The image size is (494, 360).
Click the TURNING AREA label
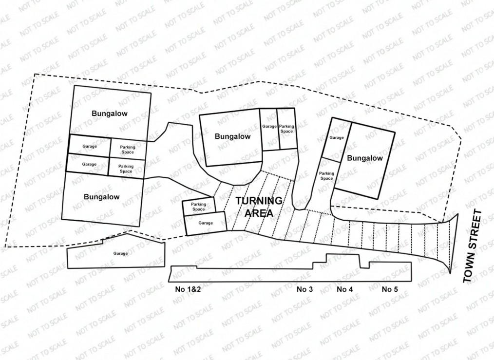tap(259, 207)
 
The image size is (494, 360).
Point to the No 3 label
tap(305, 289)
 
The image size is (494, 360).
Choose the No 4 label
tap(344, 289)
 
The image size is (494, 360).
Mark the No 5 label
tap(390, 289)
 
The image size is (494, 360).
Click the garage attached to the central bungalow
tap(269, 127)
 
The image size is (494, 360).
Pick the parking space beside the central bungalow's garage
tap(286, 129)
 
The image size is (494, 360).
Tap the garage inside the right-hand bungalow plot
tap(337, 138)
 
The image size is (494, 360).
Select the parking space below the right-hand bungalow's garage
tap(327, 175)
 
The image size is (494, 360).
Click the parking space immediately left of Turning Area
tap(198, 207)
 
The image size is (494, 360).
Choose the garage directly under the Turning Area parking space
tap(206, 223)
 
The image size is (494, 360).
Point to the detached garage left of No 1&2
tap(120, 254)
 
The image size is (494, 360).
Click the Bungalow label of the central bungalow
tap(232, 136)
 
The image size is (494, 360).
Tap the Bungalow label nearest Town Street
tap(364, 158)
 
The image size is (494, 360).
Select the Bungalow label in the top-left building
tap(110, 114)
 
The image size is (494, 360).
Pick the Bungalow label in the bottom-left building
tap(101, 197)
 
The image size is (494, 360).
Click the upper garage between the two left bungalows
tap(89, 146)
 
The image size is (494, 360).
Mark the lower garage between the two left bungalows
tap(89, 165)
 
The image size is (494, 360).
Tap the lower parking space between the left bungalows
tap(126, 169)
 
